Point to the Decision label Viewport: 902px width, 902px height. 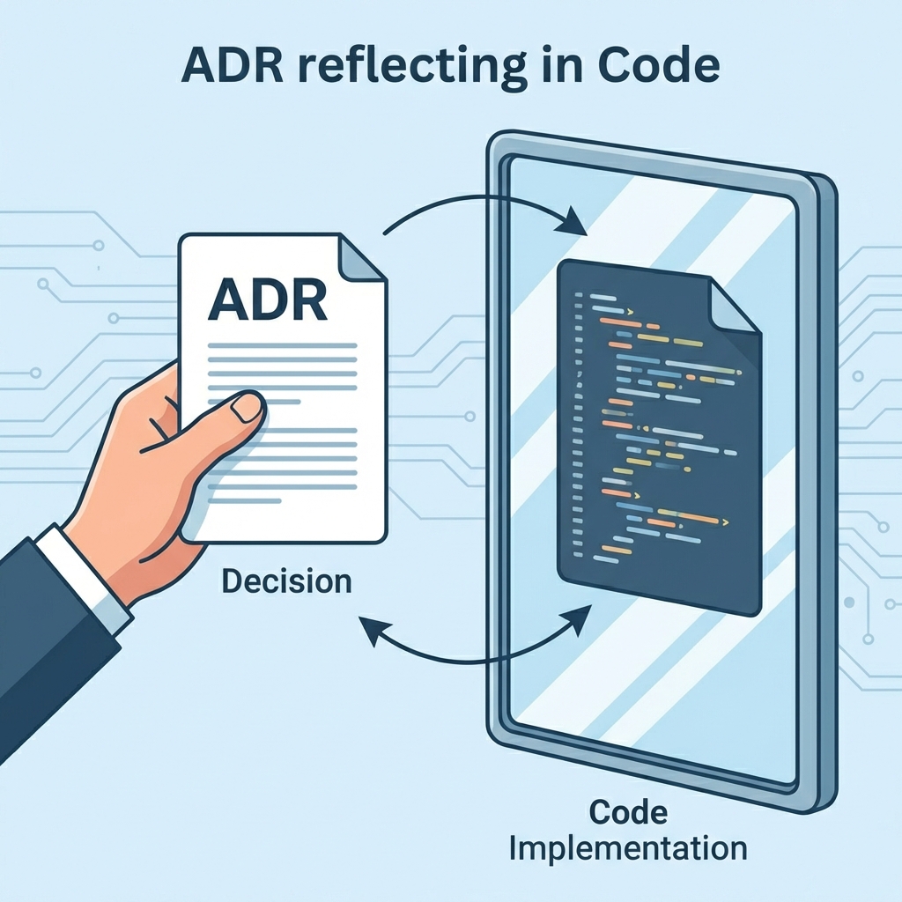(285, 581)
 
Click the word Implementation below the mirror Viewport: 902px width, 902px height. (629, 849)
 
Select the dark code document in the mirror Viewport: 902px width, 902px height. (656, 436)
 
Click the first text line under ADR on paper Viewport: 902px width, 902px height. (282, 346)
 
